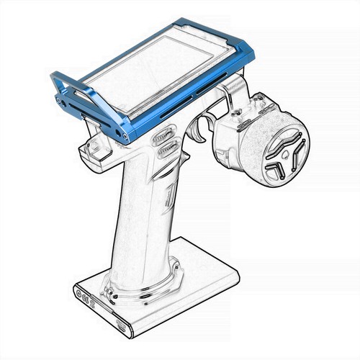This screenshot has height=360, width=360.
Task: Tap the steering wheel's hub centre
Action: pyautogui.click(x=282, y=153)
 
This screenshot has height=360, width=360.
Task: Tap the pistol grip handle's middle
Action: pyautogui.click(x=148, y=216)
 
